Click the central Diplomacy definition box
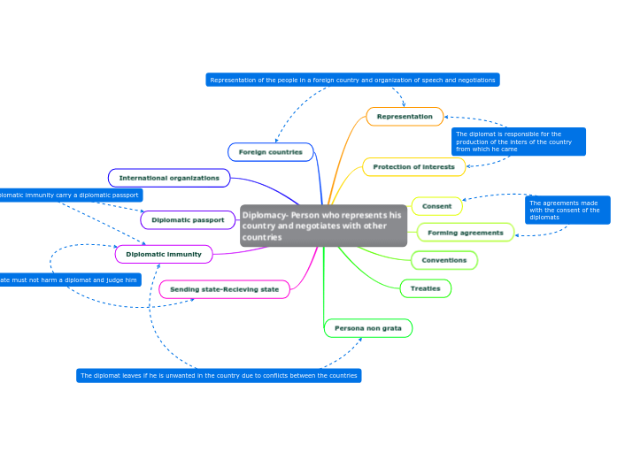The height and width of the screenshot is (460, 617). [323, 226]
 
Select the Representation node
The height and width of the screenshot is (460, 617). [405, 117]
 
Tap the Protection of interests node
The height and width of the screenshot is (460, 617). [413, 166]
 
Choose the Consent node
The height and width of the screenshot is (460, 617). [436, 206]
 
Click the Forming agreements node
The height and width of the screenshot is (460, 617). [465, 233]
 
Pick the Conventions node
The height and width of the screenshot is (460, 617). [444, 260]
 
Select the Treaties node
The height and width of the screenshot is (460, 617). [426, 288]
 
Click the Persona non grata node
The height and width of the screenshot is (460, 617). [368, 328]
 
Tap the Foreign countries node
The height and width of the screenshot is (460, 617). [271, 152]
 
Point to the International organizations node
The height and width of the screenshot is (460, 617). [169, 178]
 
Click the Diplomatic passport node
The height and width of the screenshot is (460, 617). [188, 219]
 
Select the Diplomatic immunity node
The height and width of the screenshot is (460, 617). [164, 255]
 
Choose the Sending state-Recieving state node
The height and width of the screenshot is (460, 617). [224, 289]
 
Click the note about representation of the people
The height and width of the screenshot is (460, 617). [352, 80]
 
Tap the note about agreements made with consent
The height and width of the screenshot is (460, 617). [567, 210]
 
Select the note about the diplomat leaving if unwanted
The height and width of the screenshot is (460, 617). [219, 375]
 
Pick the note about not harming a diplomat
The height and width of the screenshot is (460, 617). [70, 280]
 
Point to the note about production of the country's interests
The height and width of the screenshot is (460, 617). [518, 142]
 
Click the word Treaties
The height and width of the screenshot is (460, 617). [426, 288]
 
